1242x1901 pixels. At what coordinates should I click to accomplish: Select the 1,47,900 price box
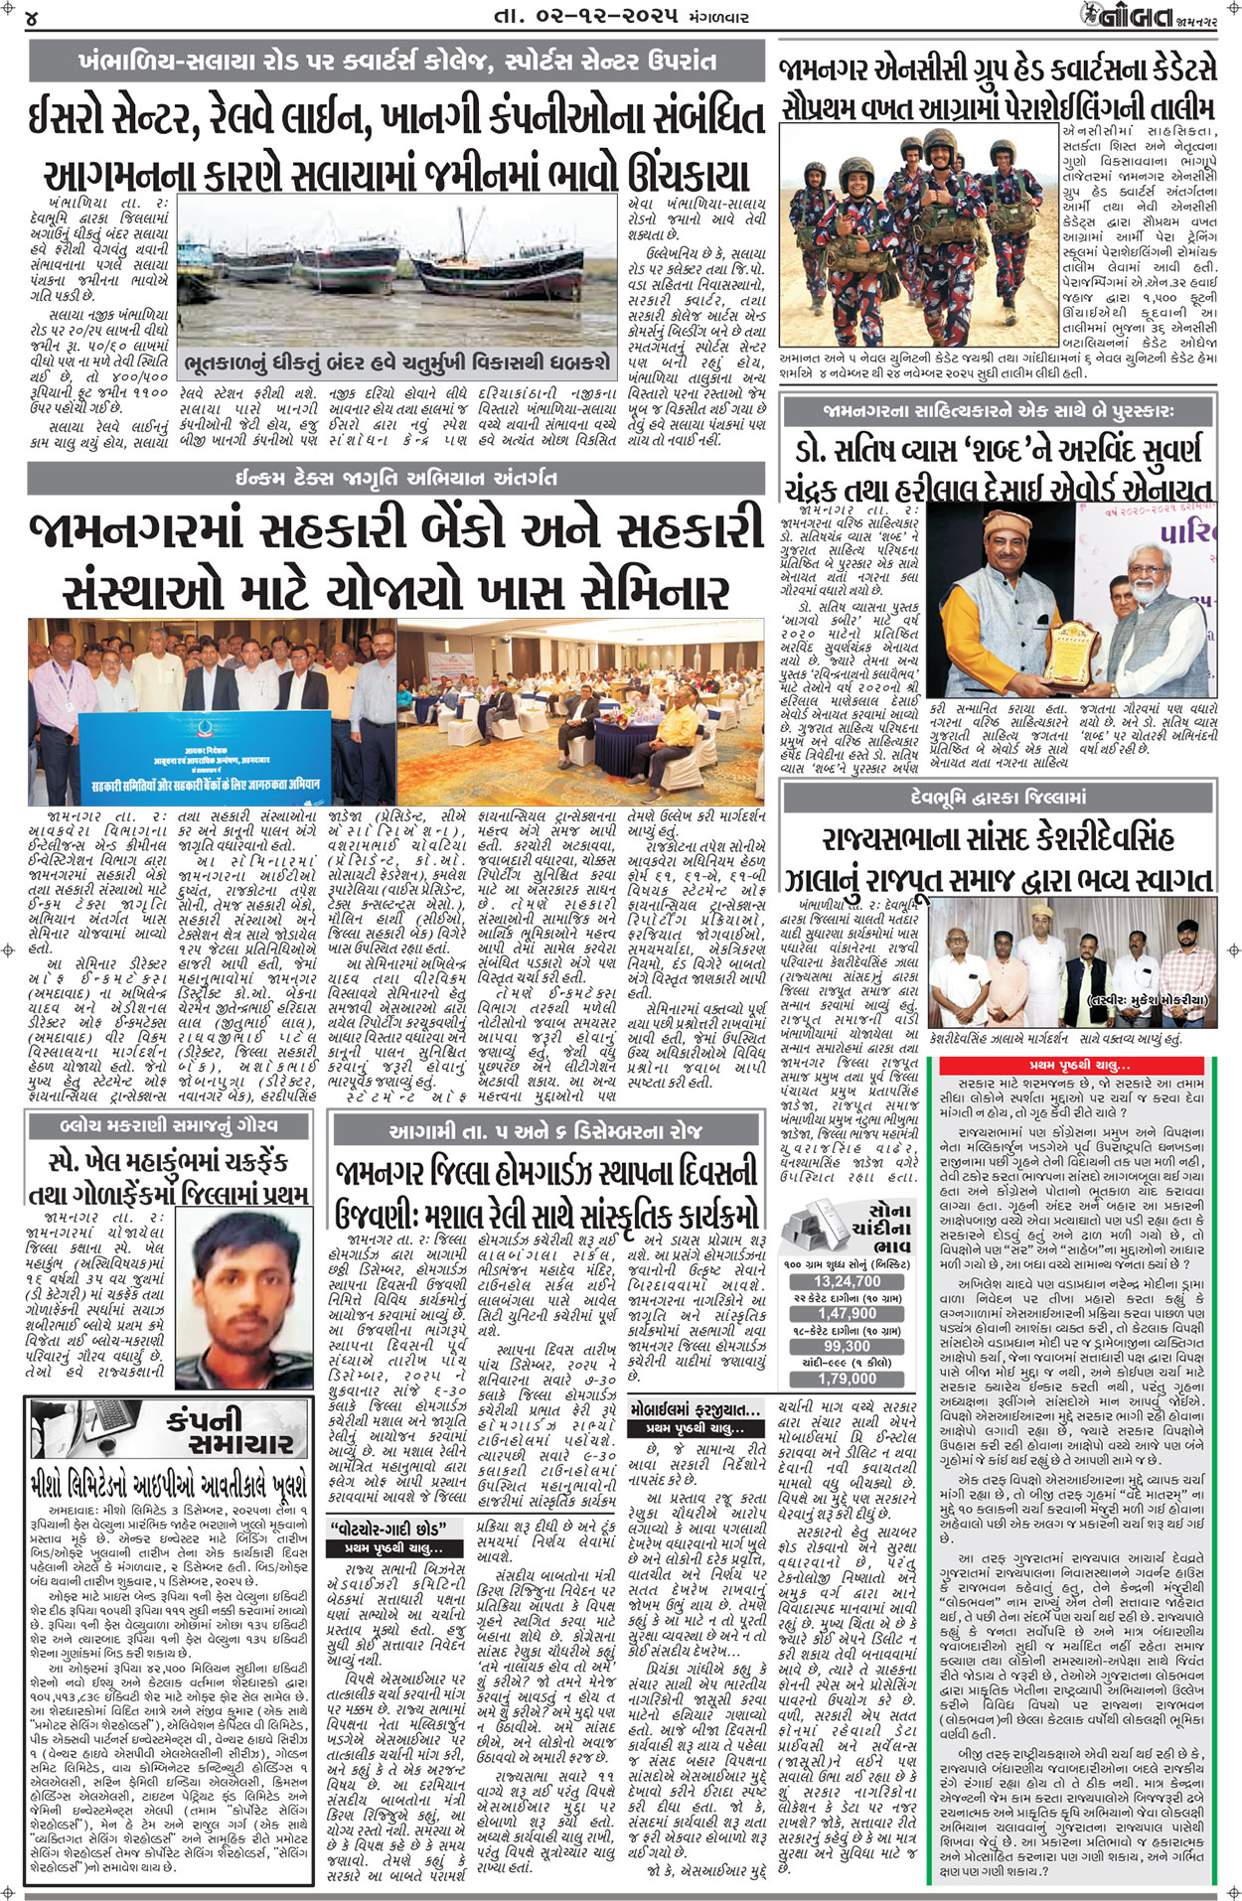[847, 1313]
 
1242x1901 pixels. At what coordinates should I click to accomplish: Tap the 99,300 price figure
[847, 1346]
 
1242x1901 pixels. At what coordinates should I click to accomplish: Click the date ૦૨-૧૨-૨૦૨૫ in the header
[587, 17]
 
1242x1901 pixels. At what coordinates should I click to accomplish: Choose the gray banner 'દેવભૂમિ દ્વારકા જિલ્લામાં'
[998, 798]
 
